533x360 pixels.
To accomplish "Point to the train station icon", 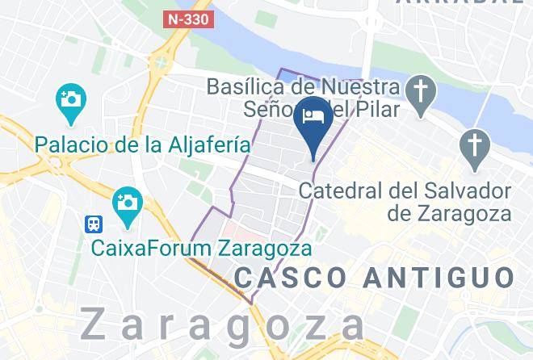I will click(96, 223).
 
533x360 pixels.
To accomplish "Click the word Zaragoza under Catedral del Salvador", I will click(469, 214).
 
